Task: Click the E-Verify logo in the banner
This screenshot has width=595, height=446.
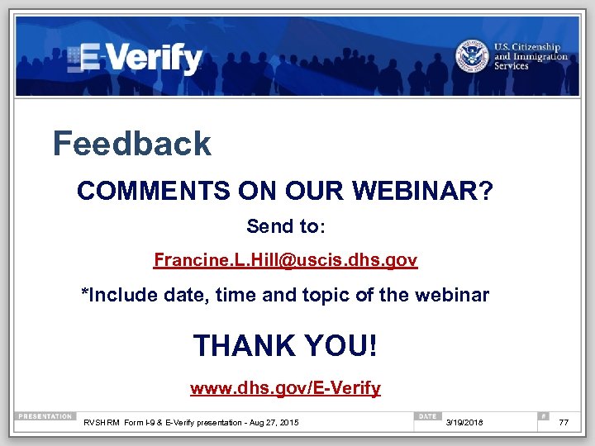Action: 136,58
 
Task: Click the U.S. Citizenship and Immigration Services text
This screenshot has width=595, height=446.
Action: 531,56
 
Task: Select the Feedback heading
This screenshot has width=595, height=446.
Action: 132,144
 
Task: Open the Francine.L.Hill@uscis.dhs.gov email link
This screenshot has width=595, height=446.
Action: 285,261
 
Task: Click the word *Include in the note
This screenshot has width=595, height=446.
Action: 112,295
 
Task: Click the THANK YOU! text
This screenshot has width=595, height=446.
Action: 285,345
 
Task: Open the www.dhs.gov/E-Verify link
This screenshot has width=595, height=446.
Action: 285,387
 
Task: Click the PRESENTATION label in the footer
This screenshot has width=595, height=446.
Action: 46,416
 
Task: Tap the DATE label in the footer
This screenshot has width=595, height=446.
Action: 427,416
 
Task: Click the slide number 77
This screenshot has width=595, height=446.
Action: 564,423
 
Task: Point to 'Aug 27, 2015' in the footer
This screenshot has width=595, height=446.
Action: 277,424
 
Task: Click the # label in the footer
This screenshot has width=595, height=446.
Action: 542,416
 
